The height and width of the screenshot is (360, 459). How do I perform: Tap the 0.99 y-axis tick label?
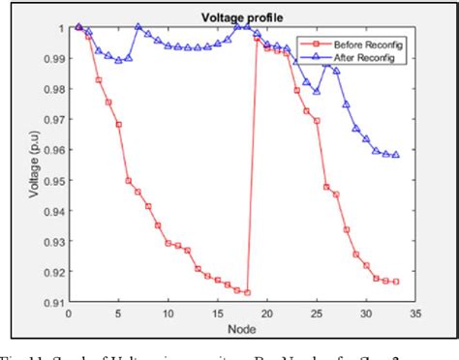(x=52, y=58)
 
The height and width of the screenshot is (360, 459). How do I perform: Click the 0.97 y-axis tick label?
(x=52, y=120)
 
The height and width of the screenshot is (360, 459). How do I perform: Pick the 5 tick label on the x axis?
(x=118, y=315)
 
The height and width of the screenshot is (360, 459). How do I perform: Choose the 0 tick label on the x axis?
(x=68, y=315)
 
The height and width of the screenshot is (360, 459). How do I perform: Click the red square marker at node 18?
(x=248, y=292)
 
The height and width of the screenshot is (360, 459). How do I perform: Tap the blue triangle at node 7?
(x=138, y=27)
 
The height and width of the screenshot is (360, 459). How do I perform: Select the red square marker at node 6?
(x=128, y=180)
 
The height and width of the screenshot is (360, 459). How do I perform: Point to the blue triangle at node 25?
(x=317, y=91)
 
